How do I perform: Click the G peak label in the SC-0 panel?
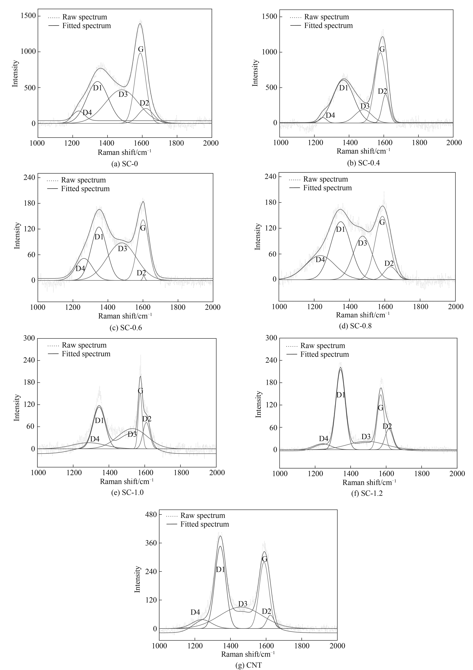click(140, 49)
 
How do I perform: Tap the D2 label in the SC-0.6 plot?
click(141, 273)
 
